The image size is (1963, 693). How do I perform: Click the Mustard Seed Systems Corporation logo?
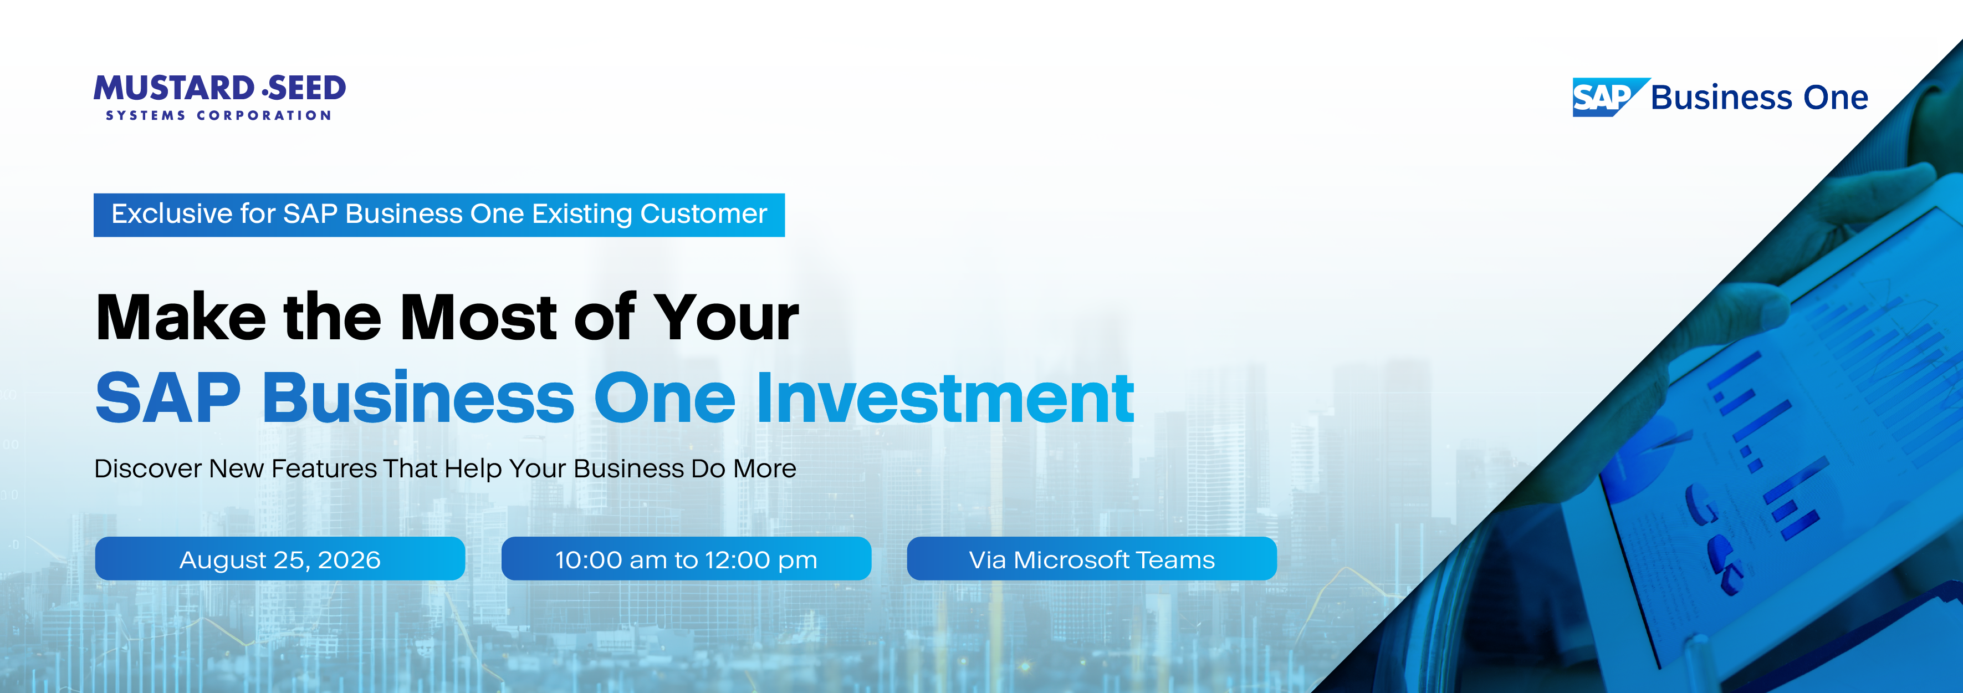point(219,97)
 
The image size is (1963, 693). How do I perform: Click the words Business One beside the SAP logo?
point(1760,98)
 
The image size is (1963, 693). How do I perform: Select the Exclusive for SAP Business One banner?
point(439,215)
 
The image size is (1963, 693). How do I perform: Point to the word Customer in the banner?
point(703,214)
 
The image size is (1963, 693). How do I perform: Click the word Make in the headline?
point(181,317)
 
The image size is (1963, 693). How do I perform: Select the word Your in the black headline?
point(726,317)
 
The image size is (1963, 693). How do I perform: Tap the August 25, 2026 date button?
point(280,559)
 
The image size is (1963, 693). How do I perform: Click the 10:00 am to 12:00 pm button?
point(686,559)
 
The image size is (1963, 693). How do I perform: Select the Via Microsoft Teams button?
point(1092,559)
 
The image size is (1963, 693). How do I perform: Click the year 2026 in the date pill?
point(349,559)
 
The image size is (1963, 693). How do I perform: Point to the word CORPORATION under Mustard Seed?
point(264,116)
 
